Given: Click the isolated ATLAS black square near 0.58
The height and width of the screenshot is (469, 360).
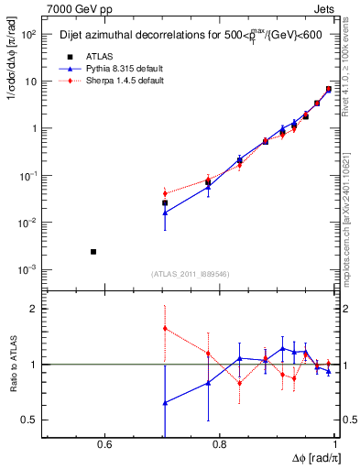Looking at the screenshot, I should (93, 251).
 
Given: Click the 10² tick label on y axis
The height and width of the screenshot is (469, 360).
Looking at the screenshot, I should (28, 34).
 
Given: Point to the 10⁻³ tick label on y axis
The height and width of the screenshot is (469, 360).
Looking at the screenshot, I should (28, 270).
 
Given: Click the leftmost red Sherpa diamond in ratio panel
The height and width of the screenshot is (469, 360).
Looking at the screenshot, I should (165, 328).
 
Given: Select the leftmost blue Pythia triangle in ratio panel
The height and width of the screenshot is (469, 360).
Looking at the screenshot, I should (165, 402).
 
